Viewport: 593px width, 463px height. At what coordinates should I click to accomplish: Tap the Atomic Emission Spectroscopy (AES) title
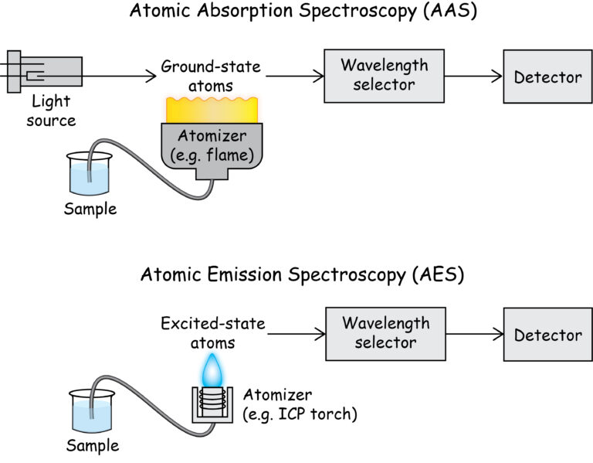tap(296, 274)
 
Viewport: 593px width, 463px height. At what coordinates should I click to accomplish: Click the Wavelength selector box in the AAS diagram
tap(385, 76)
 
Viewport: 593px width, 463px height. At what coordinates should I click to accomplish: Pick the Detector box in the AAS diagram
tap(547, 77)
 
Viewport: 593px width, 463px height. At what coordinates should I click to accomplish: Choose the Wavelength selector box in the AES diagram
tap(385, 333)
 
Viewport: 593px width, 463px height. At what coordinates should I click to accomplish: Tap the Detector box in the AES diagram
tap(547, 334)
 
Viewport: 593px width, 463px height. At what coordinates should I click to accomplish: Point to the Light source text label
tap(53, 111)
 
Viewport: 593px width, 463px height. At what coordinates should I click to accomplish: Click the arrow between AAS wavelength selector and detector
tap(473, 76)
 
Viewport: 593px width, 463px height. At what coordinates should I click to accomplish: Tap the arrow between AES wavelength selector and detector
tap(473, 334)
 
